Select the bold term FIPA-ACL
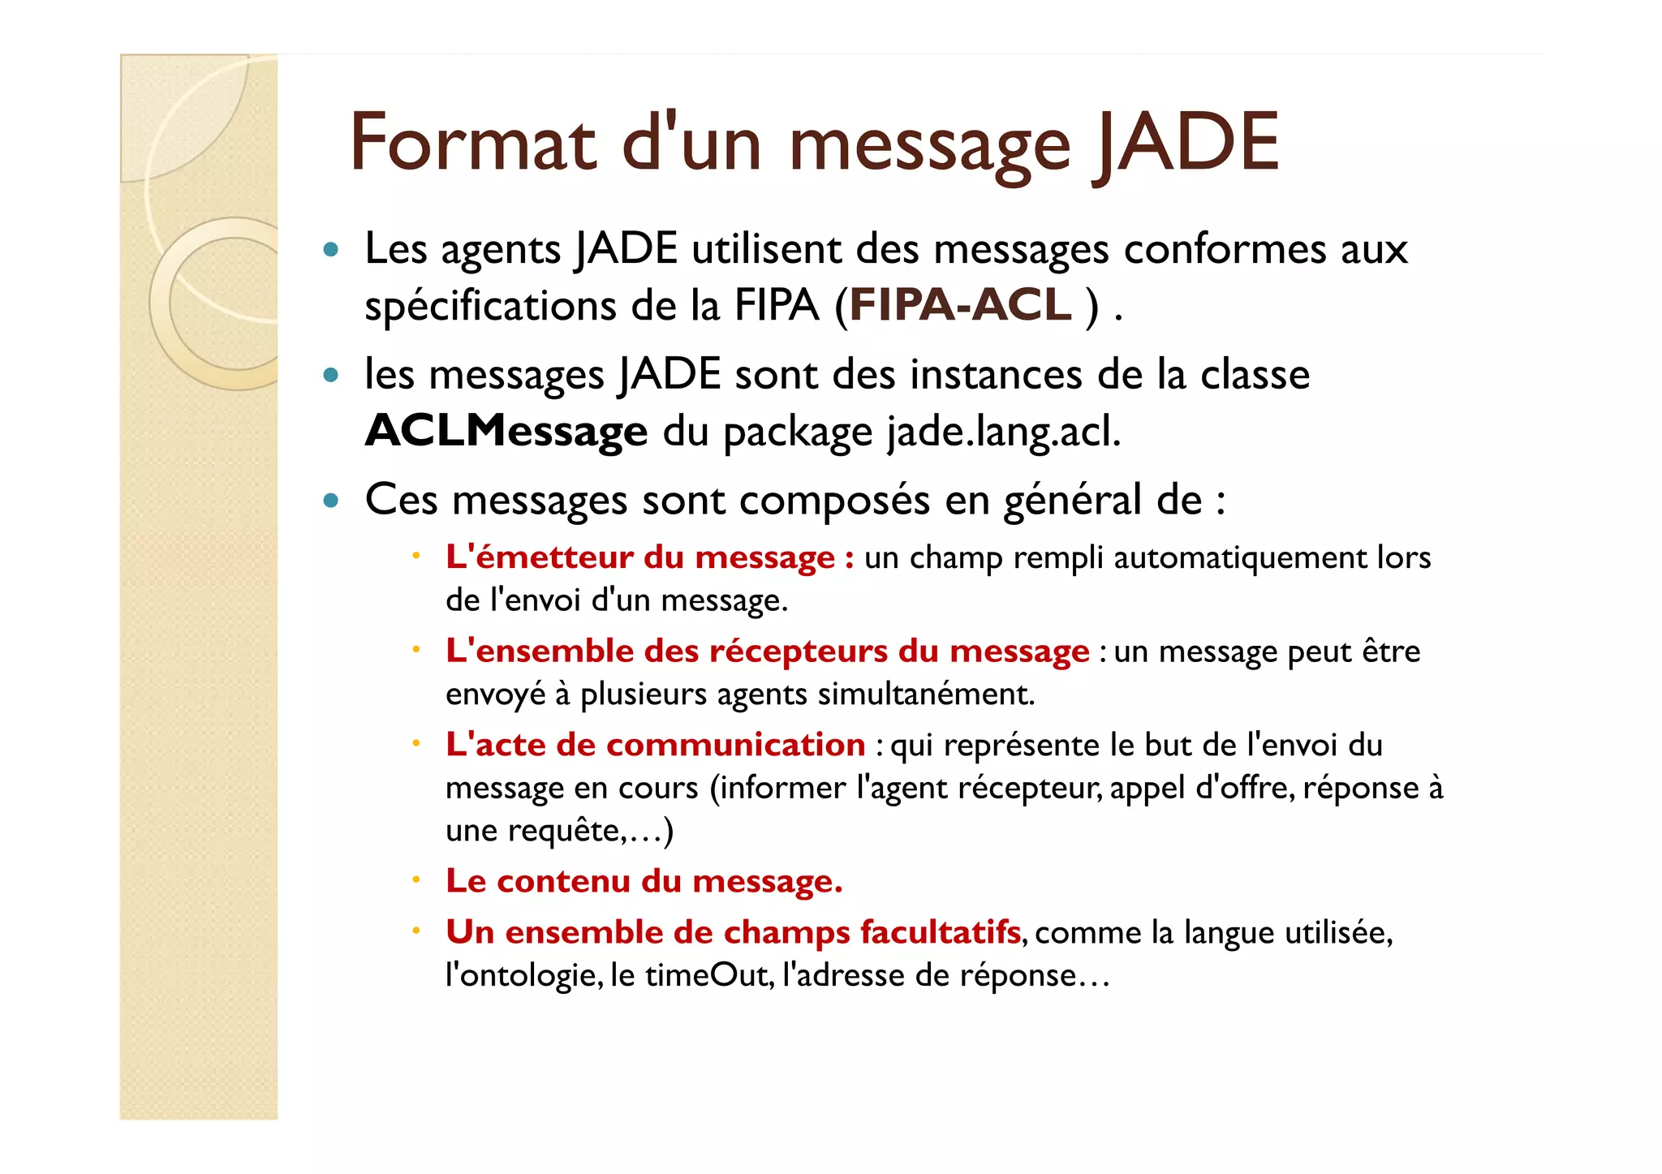(x=961, y=306)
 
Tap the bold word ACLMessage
(x=506, y=431)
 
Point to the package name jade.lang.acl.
(x=1003, y=431)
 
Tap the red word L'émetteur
(x=539, y=557)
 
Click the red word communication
(x=735, y=745)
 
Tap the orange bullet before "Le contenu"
(x=415, y=880)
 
